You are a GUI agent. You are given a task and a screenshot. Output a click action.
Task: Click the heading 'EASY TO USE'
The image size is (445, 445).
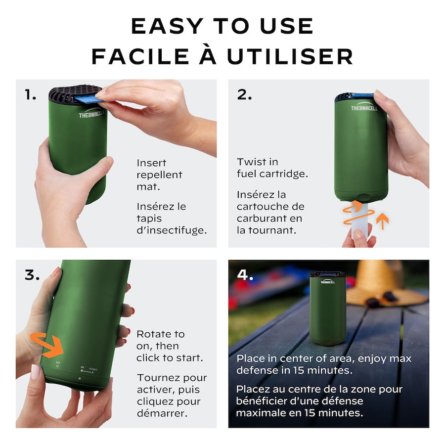pyautogui.click(x=222, y=26)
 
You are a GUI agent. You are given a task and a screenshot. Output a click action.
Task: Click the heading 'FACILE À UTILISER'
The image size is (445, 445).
pyautogui.click(x=222, y=56)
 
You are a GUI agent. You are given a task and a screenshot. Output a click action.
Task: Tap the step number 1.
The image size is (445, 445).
pyautogui.click(x=30, y=94)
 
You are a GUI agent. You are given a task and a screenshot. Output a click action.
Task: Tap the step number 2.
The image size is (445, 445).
pyautogui.click(x=244, y=94)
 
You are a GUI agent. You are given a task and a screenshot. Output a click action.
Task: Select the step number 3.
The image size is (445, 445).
pyautogui.click(x=32, y=275)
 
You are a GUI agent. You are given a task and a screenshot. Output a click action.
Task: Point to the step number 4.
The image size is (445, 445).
pyautogui.click(x=245, y=275)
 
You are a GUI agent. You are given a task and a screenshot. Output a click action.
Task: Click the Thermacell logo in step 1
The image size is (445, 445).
pyautogui.click(x=91, y=114)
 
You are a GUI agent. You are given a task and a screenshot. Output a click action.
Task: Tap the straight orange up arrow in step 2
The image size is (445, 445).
pyautogui.click(x=383, y=221)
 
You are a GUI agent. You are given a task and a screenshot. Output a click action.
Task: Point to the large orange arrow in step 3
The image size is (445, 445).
pyautogui.click(x=47, y=345)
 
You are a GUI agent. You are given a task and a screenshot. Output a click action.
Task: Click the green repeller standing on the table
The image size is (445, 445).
pyautogui.click(x=328, y=308)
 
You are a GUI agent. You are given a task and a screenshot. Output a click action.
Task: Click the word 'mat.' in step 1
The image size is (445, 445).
pyautogui.click(x=148, y=187)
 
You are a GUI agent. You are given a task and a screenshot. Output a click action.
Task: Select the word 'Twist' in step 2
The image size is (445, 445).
pyautogui.click(x=248, y=162)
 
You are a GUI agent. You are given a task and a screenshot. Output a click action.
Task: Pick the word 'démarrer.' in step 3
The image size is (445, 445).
pyautogui.click(x=162, y=413)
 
